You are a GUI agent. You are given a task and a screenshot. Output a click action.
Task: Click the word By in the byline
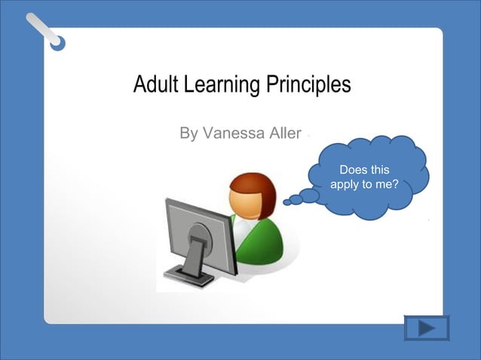tap(188, 134)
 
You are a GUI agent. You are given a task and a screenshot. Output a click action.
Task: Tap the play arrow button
tap(427, 328)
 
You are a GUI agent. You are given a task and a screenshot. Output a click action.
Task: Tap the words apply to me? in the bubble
tap(364, 185)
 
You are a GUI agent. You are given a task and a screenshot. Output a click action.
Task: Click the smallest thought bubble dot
tap(286, 202)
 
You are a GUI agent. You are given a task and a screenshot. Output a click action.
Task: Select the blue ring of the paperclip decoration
tap(58, 44)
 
